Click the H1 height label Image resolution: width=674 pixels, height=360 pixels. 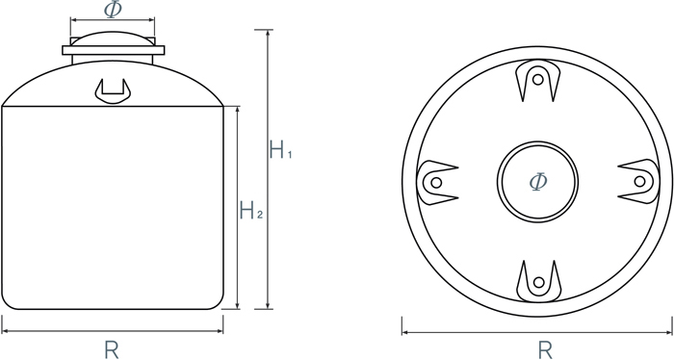[x=281, y=149]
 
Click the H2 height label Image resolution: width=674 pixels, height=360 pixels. [x=251, y=210]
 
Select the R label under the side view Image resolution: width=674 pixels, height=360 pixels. [x=112, y=349]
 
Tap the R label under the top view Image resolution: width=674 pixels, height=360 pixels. [x=545, y=349]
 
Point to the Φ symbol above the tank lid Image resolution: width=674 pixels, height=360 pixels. [x=113, y=9]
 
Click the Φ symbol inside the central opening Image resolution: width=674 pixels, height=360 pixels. [x=538, y=182]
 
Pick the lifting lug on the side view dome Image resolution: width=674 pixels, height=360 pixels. [x=113, y=91]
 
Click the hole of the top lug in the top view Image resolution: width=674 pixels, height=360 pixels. [x=537, y=80]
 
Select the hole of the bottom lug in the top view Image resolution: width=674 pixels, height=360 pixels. [x=538, y=282]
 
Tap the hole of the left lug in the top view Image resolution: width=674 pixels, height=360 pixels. [x=436, y=183]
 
